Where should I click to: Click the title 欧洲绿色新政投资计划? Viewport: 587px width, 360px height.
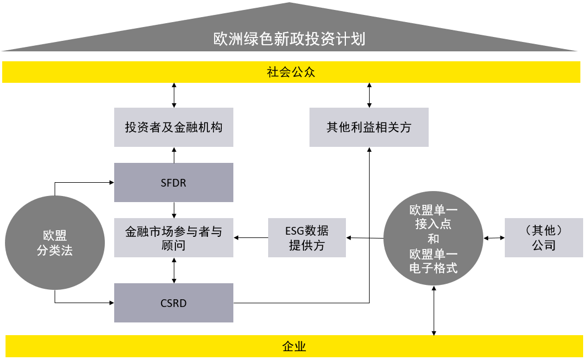289,40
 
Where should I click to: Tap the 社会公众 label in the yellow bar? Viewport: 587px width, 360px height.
291,72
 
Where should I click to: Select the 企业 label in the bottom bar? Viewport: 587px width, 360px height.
293,347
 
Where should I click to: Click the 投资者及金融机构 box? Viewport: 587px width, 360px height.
173,128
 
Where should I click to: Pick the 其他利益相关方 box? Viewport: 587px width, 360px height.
369,128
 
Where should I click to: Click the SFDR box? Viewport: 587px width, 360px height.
173,183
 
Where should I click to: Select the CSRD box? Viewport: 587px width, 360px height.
173,303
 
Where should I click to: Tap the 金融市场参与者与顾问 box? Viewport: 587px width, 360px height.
173,238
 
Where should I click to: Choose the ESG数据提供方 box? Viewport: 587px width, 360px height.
307,238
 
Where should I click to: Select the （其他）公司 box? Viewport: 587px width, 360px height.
543,238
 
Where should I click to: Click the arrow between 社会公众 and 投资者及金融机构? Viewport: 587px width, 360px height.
174,96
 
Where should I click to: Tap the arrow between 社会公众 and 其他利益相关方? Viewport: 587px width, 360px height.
369,96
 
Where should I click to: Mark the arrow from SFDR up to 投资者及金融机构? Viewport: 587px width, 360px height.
174,155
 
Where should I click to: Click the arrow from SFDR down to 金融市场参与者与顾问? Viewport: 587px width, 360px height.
174,210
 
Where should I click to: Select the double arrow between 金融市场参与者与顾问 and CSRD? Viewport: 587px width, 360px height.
174,271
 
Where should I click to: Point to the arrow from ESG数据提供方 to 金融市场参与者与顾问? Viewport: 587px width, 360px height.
250,238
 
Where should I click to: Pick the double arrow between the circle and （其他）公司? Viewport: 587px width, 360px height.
494,238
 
